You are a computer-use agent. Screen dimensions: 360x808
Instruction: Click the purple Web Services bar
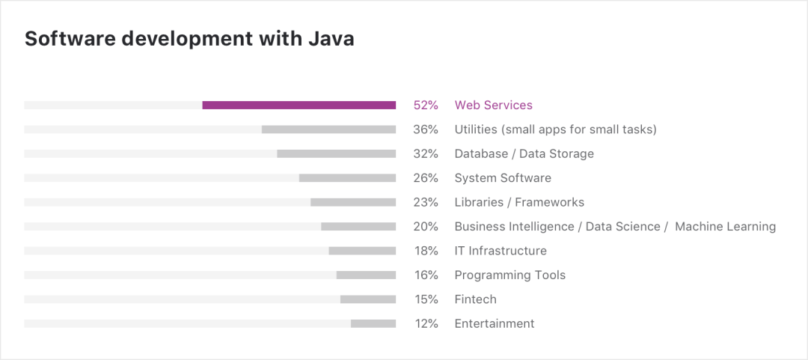point(299,106)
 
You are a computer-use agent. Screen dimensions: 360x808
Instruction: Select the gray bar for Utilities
point(328,129)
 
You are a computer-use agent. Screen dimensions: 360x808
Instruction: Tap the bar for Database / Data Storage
point(336,153)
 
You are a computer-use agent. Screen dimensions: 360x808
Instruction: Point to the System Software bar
point(347,178)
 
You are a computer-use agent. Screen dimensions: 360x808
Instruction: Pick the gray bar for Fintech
point(367,299)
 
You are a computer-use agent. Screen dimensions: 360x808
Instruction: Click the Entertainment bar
point(373,323)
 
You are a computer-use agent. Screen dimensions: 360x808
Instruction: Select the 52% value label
point(426,106)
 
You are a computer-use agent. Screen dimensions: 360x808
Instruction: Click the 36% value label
point(426,129)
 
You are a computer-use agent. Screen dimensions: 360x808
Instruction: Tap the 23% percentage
point(426,202)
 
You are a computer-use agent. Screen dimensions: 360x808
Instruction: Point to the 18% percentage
point(426,251)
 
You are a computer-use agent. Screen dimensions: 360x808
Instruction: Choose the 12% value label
point(426,323)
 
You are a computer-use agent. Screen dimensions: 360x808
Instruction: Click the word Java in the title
point(331,39)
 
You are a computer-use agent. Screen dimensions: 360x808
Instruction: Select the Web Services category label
point(494,106)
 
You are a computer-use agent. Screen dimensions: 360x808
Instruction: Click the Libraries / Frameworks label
point(519,202)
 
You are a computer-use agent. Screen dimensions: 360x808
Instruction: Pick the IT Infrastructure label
point(501,251)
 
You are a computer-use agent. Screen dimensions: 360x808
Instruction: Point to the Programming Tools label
point(510,275)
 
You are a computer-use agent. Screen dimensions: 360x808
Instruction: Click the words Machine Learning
point(725,226)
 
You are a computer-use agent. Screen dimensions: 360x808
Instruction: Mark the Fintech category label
point(476,299)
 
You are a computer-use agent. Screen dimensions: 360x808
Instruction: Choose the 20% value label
point(426,226)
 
